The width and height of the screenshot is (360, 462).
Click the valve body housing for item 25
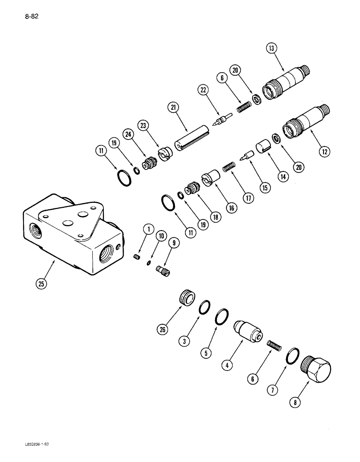coord(74,236)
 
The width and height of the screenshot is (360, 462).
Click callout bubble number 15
coord(266,188)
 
